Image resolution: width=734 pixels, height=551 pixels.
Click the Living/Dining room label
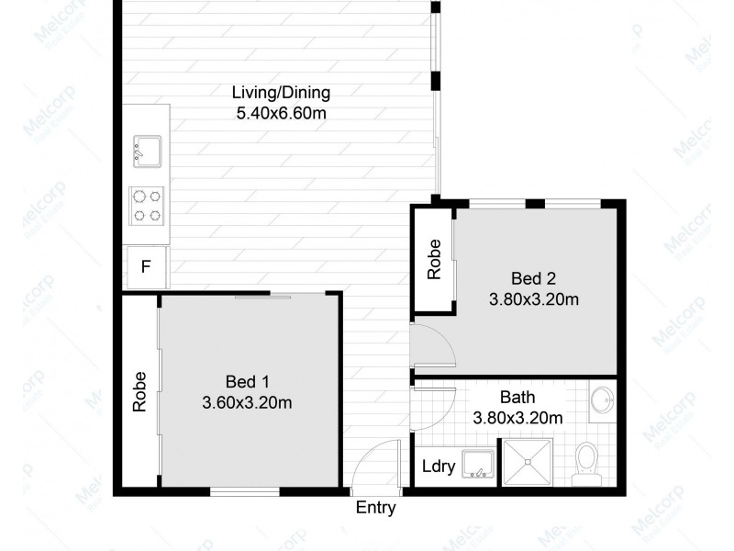tap(280, 93)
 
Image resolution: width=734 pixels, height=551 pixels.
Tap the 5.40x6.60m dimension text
tap(280, 113)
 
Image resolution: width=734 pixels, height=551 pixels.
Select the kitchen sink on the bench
tap(148, 149)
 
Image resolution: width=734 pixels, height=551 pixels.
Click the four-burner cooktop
tap(147, 205)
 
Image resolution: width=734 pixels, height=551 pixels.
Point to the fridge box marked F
tap(145, 268)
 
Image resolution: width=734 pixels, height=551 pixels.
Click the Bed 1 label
tap(246, 382)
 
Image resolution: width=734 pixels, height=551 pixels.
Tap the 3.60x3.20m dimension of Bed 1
tap(246, 402)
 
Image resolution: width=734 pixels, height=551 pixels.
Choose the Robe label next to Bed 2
tap(434, 259)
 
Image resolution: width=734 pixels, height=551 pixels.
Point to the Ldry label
tap(439, 467)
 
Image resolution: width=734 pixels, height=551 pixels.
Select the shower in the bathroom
tap(528, 463)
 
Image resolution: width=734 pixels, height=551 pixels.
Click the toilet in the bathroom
tap(584, 462)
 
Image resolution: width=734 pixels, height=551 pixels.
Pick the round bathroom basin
tap(601, 400)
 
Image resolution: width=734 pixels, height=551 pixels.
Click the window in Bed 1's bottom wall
tap(244, 492)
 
